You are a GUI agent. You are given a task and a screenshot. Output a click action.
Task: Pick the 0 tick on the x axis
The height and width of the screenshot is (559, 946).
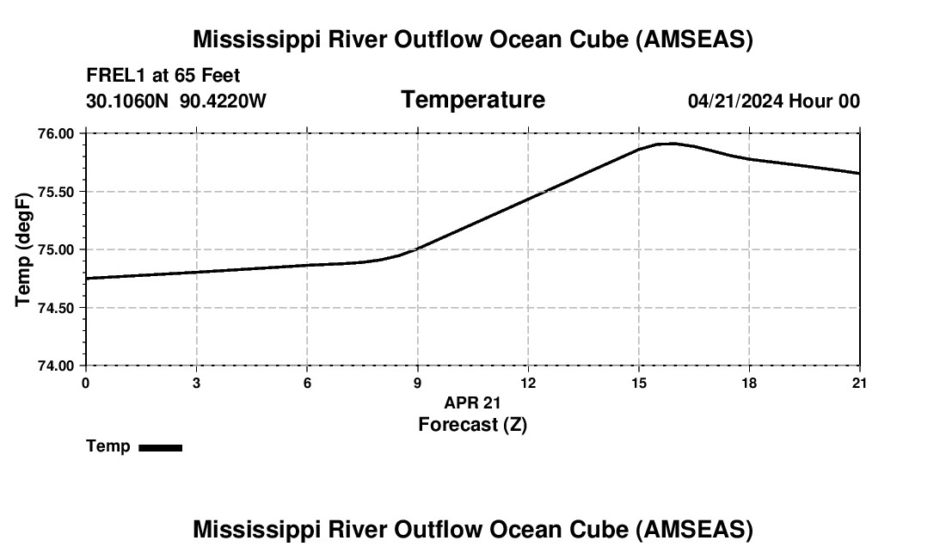tap(85, 383)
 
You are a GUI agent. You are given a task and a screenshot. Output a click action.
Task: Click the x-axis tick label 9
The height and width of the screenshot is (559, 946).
tap(417, 383)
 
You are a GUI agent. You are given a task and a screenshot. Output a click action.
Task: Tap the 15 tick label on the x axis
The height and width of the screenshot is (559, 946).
tap(638, 383)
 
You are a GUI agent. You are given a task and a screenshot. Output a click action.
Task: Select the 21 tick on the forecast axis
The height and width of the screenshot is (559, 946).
tap(859, 383)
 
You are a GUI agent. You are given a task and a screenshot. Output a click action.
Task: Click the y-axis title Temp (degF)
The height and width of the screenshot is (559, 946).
tap(24, 249)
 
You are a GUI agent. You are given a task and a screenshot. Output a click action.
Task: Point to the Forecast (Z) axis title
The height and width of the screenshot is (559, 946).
tap(472, 424)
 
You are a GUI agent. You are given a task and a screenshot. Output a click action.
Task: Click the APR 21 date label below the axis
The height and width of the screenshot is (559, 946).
tap(472, 402)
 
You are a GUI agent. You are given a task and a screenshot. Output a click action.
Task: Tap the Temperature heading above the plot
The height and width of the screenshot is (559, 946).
tap(473, 100)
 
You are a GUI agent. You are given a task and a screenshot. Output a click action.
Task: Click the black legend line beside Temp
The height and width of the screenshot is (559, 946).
tap(160, 447)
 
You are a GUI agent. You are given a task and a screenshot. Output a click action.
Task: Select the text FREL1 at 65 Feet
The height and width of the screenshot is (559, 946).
tap(163, 76)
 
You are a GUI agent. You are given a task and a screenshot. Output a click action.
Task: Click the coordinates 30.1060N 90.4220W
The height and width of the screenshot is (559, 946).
tap(176, 101)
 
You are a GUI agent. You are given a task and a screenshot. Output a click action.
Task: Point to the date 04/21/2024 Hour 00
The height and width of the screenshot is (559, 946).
tap(773, 101)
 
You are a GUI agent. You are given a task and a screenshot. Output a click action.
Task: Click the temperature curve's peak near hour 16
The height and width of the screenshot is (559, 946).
tap(671, 144)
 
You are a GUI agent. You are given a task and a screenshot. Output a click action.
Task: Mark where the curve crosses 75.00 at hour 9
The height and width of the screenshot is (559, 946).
tap(417, 249)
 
